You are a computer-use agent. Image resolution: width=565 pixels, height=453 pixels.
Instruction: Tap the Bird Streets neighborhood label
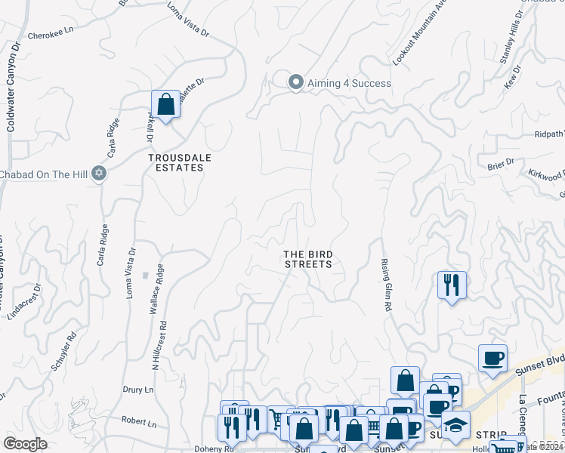tap(307, 259)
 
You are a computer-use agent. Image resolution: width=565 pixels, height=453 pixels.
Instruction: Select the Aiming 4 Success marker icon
tap(296, 82)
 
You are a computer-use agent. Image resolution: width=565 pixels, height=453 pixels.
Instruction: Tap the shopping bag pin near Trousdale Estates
tap(165, 104)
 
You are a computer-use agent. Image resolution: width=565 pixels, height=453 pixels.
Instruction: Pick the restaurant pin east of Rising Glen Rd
tap(451, 285)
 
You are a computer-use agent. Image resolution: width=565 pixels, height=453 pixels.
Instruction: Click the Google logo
tap(26, 444)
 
